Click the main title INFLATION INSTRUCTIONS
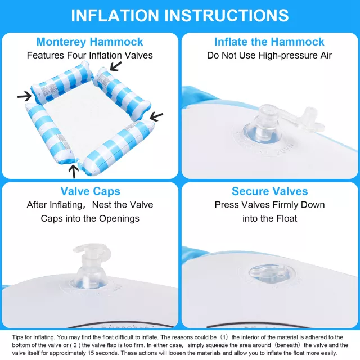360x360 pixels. point(180,16)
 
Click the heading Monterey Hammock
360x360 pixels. point(90,42)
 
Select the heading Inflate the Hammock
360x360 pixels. point(269,42)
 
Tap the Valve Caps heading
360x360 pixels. point(90,191)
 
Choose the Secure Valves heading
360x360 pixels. point(270,191)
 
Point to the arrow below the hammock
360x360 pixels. point(74,172)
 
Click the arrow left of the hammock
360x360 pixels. point(25,96)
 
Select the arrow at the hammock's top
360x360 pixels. point(116,66)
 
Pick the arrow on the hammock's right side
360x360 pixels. point(156,116)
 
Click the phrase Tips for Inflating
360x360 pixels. point(34,337)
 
